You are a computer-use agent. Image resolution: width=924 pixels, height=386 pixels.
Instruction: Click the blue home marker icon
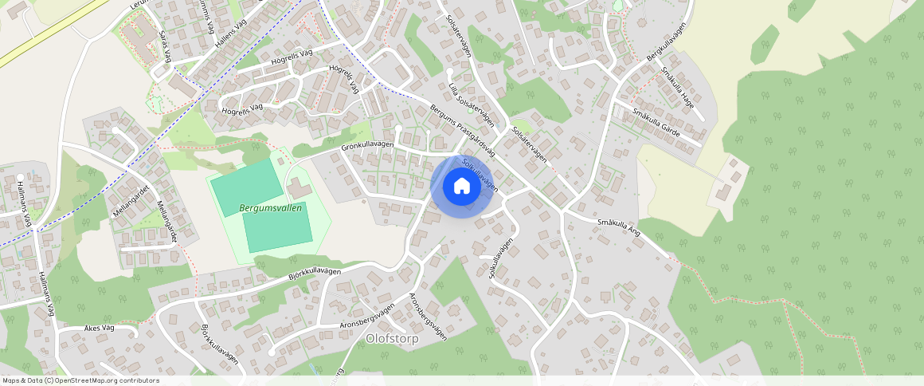[x=461, y=186]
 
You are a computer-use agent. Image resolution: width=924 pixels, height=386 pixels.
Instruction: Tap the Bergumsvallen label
[x=271, y=207]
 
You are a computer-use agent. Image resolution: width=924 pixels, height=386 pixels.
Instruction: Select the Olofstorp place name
[x=392, y=338]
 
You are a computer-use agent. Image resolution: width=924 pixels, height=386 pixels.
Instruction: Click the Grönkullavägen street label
[x=367, y=145]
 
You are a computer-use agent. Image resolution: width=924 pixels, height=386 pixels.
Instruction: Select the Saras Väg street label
[x=166, y=47]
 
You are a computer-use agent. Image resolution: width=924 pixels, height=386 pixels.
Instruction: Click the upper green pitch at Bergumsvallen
[x=247, y=185]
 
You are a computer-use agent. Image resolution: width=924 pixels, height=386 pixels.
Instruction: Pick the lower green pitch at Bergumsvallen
[x=278, y=226]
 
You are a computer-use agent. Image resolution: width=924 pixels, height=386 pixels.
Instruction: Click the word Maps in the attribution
[x=12, y=380]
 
